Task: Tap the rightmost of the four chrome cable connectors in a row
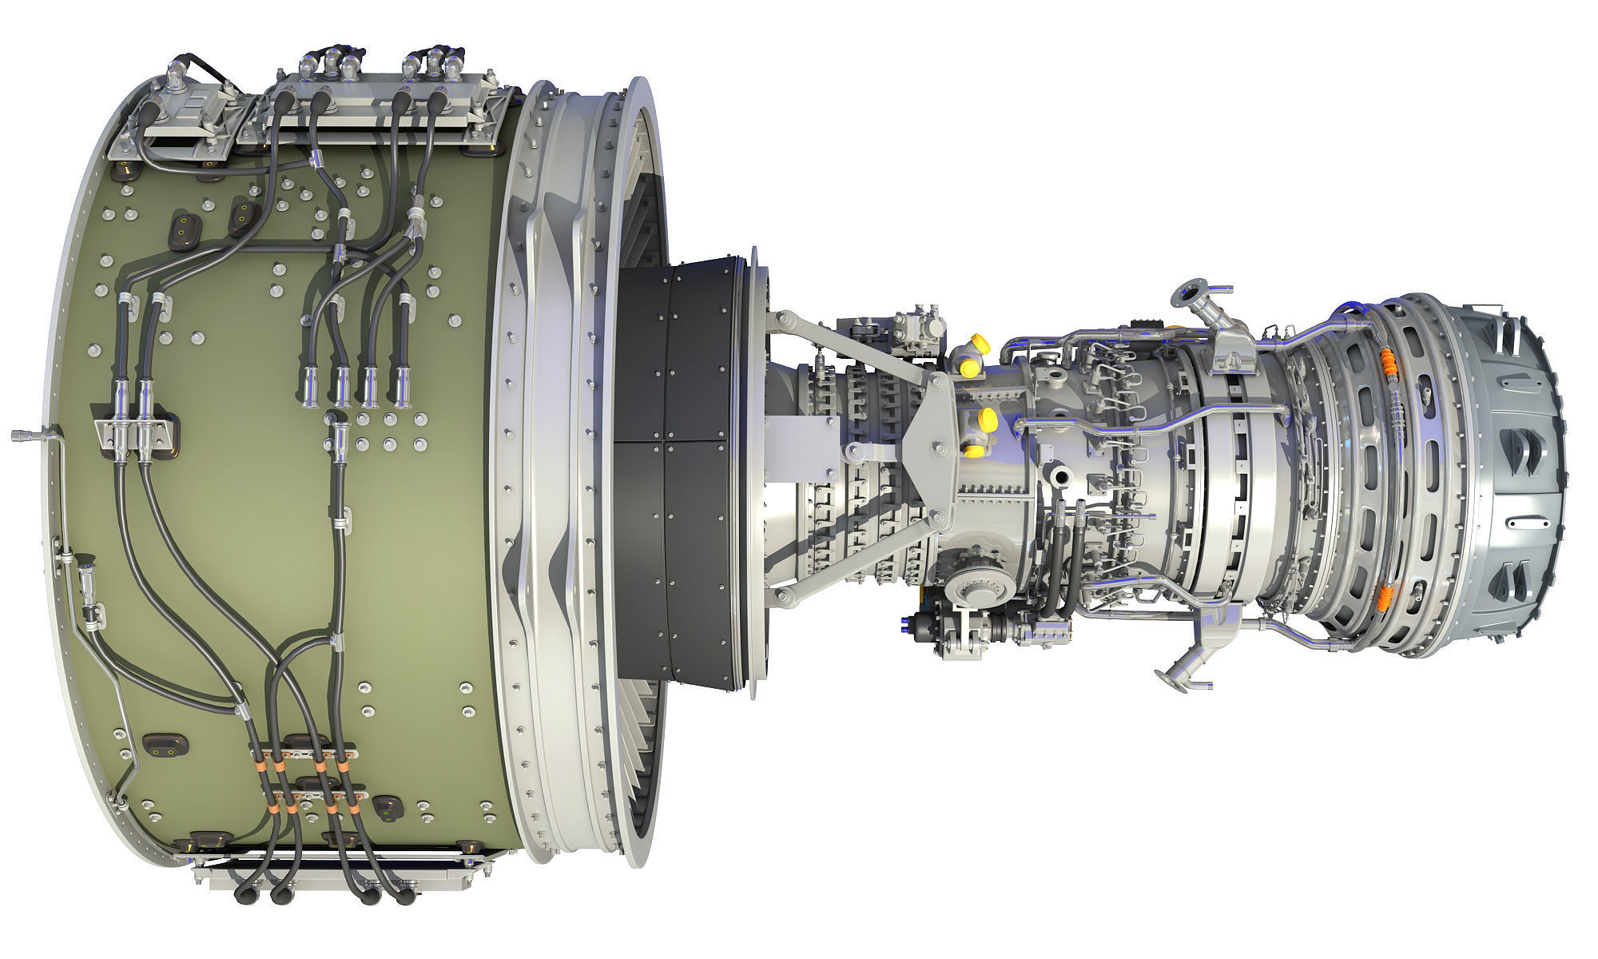[x=397, y=383]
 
